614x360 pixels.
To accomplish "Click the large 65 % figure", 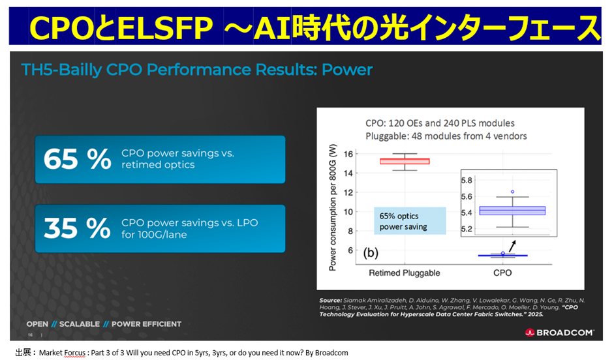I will (x=77, y=159).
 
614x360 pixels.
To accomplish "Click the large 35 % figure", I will (x=77, y=228).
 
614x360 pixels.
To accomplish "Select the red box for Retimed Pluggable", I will (x=405, y=161).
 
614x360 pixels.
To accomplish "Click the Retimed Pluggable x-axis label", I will (x=405, y=272).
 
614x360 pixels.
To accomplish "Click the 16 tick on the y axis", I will (x=347, y=154).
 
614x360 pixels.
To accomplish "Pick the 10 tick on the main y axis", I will (x=347, y=212).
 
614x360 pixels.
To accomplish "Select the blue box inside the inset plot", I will (x=521, y=210).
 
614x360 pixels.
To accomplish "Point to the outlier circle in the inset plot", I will (x=512, y=192).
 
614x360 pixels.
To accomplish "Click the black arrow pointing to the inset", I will (x=512, y=246).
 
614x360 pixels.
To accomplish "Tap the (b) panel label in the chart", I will (x=371, y=252).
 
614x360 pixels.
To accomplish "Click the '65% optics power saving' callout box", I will (x=409, y=221).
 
